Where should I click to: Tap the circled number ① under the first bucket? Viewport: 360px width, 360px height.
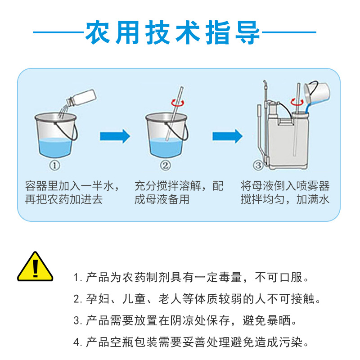(54, 166)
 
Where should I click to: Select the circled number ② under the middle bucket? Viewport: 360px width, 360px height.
(165, 166)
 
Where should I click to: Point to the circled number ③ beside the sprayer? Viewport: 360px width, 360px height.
(258, 166)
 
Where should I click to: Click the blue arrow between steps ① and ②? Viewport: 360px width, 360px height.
(115, 136)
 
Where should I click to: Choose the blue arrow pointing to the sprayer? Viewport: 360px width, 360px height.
(227, 136)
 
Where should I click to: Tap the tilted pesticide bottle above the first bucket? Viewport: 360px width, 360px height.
(81, 98)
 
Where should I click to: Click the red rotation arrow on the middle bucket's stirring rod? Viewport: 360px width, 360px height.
(177, 103)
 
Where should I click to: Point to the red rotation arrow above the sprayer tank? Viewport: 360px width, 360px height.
(297, 102)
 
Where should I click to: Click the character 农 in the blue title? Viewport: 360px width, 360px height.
(97, 32)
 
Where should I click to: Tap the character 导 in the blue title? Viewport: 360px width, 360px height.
(247, 32)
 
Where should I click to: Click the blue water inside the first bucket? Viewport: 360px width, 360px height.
(55, 148)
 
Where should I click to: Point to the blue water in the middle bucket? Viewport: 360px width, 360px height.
(166, 148)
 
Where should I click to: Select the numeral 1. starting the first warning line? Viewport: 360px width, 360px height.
(77, 278)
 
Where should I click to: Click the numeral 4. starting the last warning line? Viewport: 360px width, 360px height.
(78, 342)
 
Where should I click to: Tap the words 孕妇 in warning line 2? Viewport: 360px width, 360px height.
(98, 299)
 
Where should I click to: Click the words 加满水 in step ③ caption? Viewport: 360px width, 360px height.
(313, 199)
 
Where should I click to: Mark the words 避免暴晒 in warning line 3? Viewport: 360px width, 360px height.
(267, 320)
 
